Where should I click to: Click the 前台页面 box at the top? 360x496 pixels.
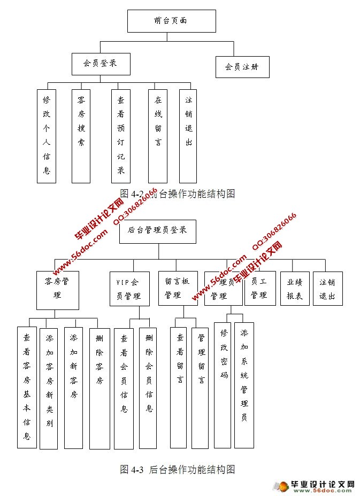coord(172,21)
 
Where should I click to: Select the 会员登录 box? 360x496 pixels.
coord(101,64)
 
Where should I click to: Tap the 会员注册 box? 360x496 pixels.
coord(242,67)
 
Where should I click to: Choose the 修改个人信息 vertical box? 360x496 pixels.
coord(47,136)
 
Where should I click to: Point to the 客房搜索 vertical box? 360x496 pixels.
coord(81,136)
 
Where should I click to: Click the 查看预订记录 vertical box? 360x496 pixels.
coord(121,136)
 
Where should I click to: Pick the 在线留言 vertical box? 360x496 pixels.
coord(158,136)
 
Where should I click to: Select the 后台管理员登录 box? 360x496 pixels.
coord(157,231)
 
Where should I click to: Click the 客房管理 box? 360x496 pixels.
coord(58,290)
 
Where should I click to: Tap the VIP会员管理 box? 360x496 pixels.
coord(129,289)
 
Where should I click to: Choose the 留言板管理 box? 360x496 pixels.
coord(178,288)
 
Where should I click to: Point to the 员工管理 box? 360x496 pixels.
coord(259,288)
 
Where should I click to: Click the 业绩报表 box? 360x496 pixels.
coord(295,288)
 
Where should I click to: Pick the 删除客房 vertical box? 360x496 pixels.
coord(99,388)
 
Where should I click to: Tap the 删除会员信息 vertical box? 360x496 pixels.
coord(148,387)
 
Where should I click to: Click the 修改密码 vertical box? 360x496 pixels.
coord(223,385)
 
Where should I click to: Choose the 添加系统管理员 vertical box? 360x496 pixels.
coord(244,385)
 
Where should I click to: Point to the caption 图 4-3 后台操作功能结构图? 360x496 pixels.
coord(178,470)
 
